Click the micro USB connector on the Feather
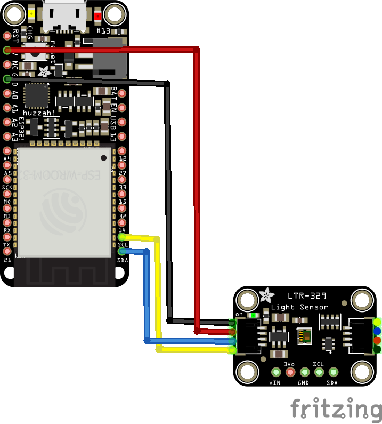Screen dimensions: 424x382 [64, 16]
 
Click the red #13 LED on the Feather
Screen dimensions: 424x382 [97, 15]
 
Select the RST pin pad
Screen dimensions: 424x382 [7, 36]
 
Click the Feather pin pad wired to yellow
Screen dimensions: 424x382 [122, 236]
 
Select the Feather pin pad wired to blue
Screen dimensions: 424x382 [122, 251]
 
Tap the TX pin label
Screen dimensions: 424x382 [7, 245]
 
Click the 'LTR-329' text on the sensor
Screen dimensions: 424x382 [307, 295]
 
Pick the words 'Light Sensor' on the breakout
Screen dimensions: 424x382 [299, 307]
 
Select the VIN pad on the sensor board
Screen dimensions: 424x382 [276, 372]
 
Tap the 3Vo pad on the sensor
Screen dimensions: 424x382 [290, 372]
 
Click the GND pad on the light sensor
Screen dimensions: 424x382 [305, 372]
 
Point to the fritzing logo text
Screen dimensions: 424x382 [336, 409]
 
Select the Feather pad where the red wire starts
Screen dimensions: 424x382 [7, 50]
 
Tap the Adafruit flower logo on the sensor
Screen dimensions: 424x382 [265, 294]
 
